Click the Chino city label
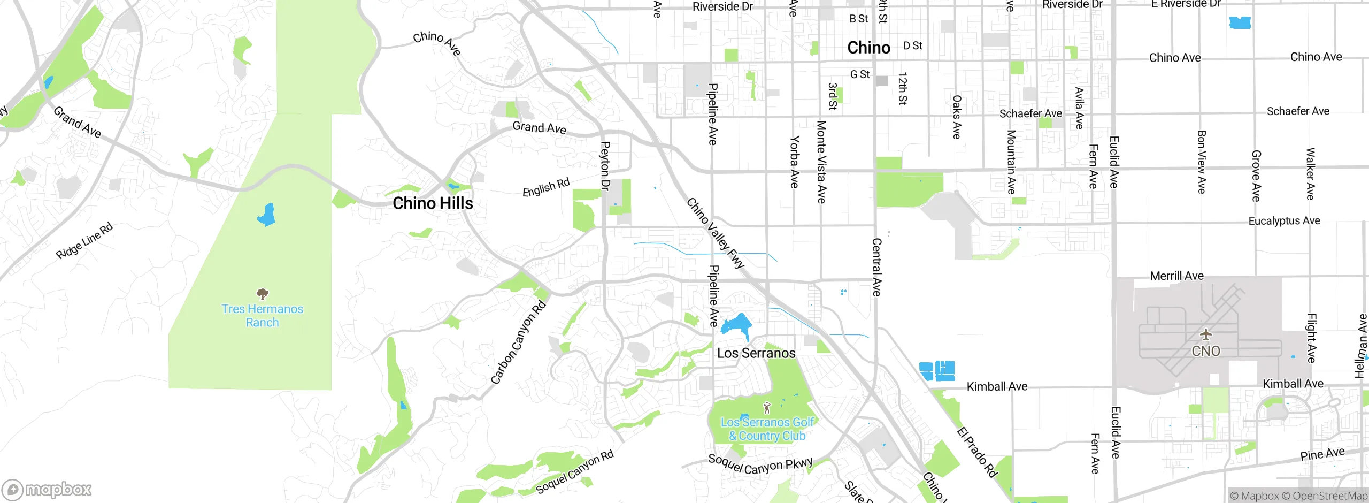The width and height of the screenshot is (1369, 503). coord(868,48)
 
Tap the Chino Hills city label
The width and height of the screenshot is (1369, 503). coord(433,203)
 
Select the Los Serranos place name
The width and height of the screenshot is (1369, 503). coord(756,353)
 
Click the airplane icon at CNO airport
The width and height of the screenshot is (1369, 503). coord(1205,335)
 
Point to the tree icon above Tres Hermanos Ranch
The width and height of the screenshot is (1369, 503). coord(262,294)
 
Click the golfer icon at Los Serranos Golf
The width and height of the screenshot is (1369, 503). coord(767,408)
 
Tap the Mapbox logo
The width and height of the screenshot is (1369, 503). coord(47,489)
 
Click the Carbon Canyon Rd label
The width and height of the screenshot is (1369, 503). coord(518,342)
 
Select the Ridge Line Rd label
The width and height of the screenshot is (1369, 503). coord(84,241)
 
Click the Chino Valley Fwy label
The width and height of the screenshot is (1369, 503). coord(715,233)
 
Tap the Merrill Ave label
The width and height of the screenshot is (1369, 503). coord(1176,276)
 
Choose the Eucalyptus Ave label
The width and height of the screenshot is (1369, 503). coord(1283,221)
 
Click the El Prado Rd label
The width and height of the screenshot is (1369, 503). coord(976,452)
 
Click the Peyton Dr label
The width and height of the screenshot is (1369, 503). coord(605,166)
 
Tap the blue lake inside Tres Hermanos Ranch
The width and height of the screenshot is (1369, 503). coord(267,215)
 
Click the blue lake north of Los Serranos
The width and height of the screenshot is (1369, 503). coord(737,325)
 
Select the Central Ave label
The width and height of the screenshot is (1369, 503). coord(876,267)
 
